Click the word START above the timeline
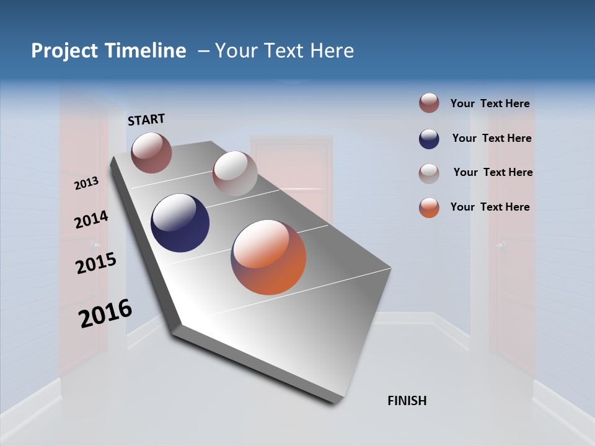(x=146, y=120)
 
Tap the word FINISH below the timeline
(x=407, y=401)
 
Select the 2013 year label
(x=87, y=183)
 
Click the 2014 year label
(x=91, y=220)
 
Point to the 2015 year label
(x=95, y=263)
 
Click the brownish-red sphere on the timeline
(x=151, y=152)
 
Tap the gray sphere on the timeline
(x=234, y=173)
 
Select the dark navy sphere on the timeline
(x=180, y=223)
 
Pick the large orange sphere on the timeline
(x=268, y=257)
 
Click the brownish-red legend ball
(x=429, y=103)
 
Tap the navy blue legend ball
(x=429, y=139)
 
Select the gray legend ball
(x=429, y=173)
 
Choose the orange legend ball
(x=429, y=208)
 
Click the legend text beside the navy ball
(x=491, y=138)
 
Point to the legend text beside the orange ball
(x=490, y=207)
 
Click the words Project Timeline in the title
(x=108, y=51)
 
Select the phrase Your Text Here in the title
(x=284, y=51)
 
